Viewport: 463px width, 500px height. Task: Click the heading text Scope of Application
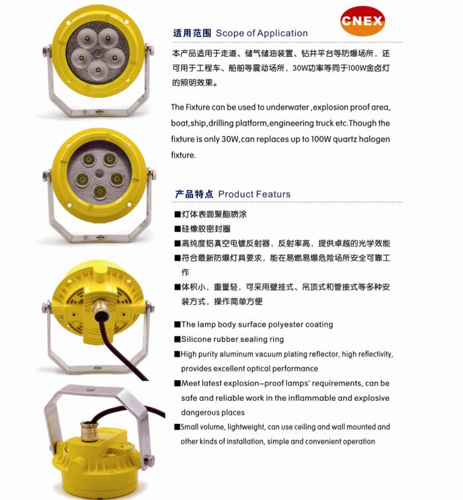(x=262, y=33)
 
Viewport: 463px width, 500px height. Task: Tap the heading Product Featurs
(x=254, y=194)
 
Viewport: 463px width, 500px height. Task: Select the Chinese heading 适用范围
(x=192, y=33)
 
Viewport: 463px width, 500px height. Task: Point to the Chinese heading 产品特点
(x=194, y=194)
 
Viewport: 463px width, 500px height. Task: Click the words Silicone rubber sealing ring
(x=232, y=339)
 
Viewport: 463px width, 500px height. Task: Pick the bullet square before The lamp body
(x=177, y=325)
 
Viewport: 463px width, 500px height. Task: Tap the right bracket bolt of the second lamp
(x=152, y=176)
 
